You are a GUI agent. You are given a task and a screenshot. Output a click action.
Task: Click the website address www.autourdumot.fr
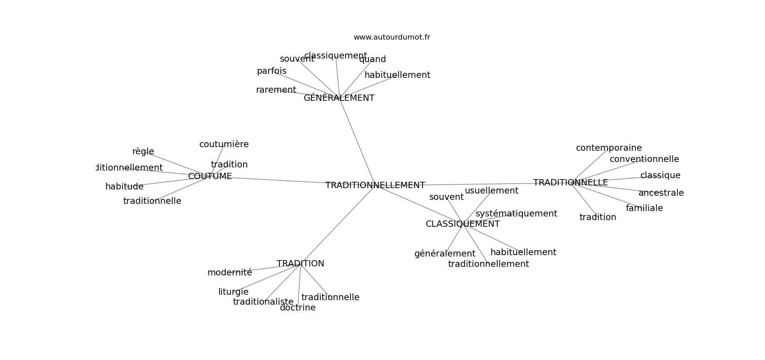(x=391, y=37)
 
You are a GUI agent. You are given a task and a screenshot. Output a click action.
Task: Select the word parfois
(x=271, y=71)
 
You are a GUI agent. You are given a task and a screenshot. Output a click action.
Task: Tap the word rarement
(x=276, y=90)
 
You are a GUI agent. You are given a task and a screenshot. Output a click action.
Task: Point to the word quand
(x=372, y=59)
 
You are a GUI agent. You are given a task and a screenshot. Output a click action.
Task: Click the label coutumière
(x=224, y=144)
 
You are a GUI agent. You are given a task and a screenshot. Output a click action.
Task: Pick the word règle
(x=143, y=152)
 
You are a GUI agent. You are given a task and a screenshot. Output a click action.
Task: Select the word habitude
(x=124, y=187)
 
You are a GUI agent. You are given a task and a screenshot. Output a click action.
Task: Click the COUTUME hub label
(x=210, y=176)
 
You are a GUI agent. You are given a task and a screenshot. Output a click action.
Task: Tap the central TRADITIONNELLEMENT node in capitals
(x=375, y=185)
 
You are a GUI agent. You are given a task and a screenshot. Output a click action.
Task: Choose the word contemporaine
(x=608, y=148)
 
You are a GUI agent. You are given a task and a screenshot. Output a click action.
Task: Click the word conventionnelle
(x=644, y=159)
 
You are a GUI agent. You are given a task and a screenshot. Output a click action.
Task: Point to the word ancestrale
(x=661, y=193)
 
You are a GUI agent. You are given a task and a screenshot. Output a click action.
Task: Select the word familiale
(x=644, y=208)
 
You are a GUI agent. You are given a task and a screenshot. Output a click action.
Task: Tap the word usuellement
(x=491, y=191)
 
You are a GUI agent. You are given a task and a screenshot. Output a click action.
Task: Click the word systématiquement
(x=516, y=214)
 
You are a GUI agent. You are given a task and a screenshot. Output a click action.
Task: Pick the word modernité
(x=229, y=273)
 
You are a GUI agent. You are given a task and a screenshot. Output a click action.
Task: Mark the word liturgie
(x=233, y=292)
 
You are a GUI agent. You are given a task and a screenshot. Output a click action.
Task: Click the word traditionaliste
(x=263, y=302)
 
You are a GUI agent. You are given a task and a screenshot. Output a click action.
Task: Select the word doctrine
(x=297, y=308)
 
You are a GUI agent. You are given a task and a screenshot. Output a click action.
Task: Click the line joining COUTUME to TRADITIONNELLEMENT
(x=279, y=180)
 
